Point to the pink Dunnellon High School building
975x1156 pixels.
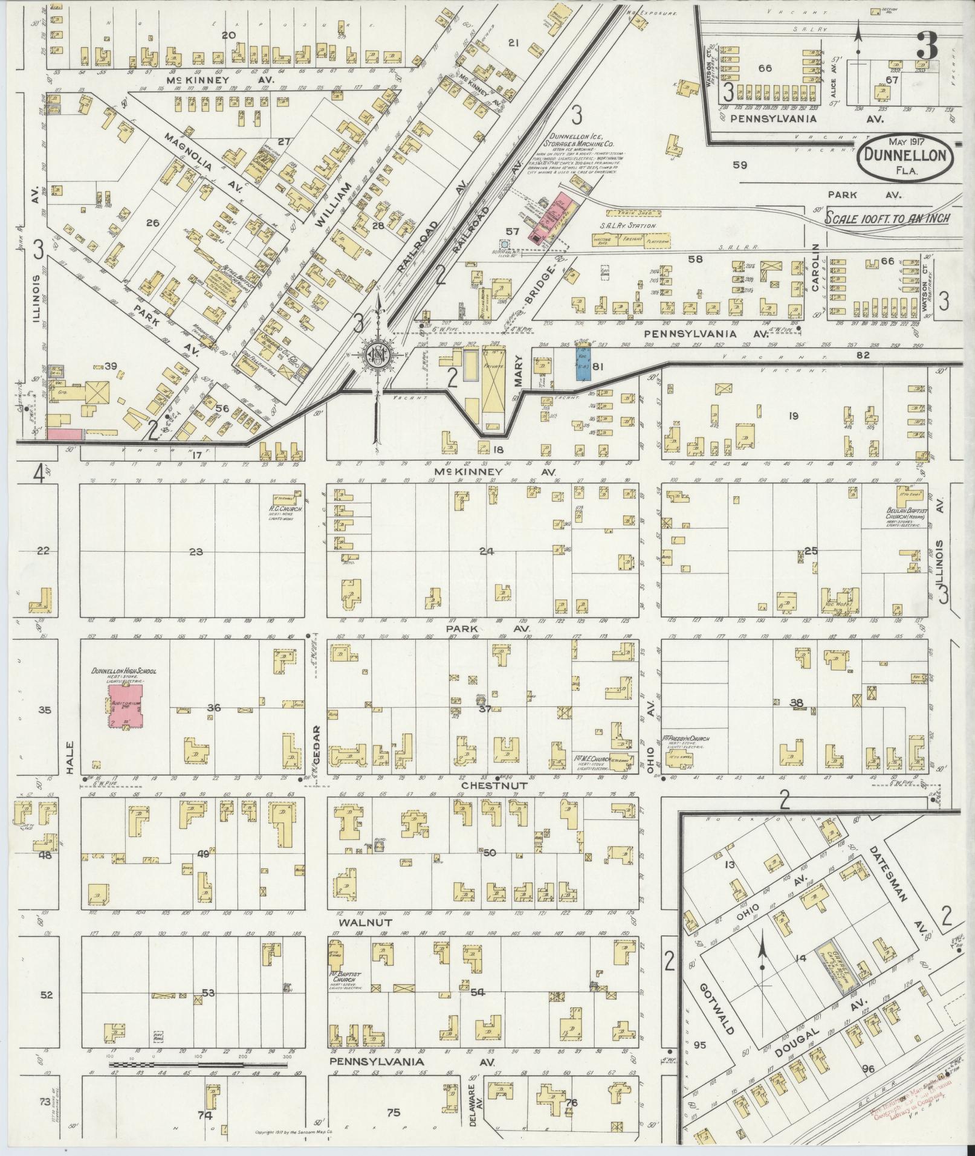click(x=126, y=705)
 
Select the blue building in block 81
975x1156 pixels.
click(x=583, y=363)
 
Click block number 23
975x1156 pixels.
click(x=196, y=551)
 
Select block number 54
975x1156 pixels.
click(x=478, y=992)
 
